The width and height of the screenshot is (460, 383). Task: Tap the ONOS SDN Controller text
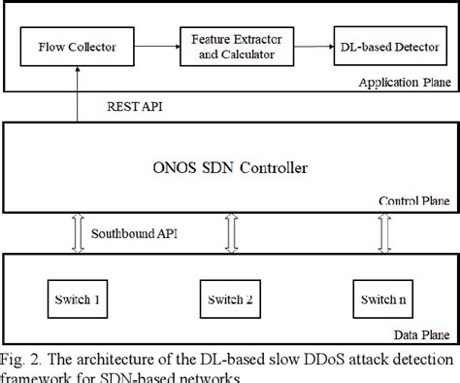click(232, 168)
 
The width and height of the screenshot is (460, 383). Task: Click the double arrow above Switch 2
click(230, 232)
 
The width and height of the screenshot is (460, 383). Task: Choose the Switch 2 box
click(231, 297)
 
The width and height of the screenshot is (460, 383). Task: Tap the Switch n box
click(377, 297)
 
